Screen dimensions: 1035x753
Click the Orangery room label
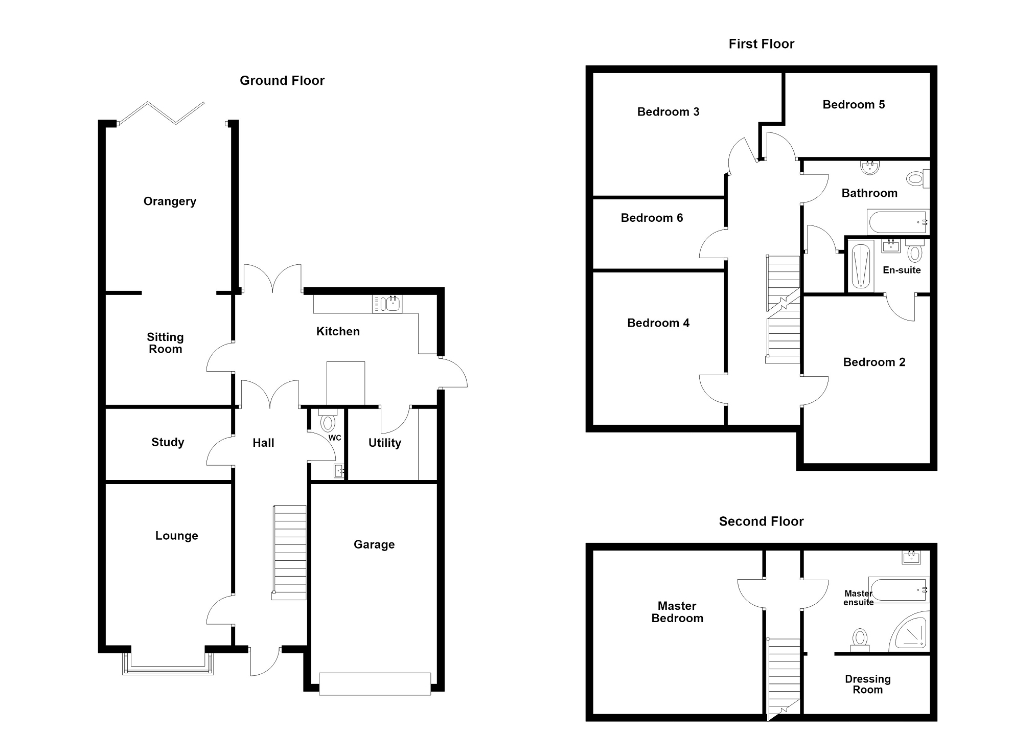(170, 201)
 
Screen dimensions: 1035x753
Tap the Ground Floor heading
(282, 81)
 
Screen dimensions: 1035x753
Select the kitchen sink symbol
(387, 304)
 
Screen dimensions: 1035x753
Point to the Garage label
(374, 545)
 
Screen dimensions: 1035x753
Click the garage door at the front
(375, 684)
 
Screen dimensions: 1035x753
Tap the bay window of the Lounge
(168, 664)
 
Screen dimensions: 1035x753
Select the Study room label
(168, 443)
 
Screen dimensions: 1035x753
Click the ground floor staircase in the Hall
(289, 552)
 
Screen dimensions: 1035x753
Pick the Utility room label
(385, 443)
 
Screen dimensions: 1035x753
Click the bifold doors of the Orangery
(162, 113)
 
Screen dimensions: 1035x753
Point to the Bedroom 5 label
(854, 105)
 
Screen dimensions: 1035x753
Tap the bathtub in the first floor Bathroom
(898, 222)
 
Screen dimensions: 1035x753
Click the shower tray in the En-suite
(861, 266)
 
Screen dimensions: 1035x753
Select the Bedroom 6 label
(652, 218)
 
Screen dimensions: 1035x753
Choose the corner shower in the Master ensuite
(910, 632)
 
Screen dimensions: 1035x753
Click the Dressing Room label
(868, 684)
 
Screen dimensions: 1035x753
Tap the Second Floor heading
(762, 521)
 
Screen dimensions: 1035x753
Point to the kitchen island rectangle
(346, 384)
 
